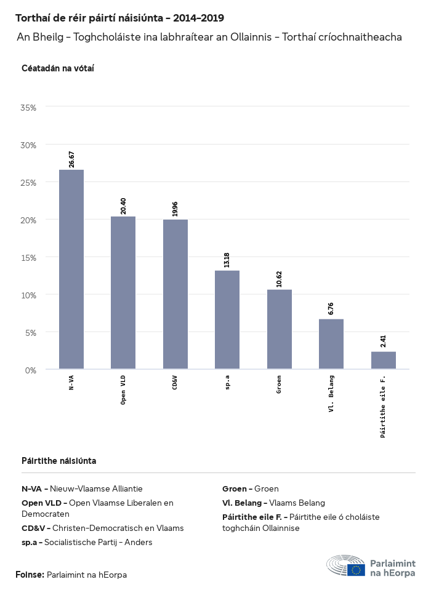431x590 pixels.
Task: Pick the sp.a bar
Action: tap(227, 320)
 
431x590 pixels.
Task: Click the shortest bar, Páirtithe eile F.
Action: tap(383, 361)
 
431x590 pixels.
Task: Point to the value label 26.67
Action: tap(72, 159)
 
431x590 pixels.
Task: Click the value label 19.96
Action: tap(175, 209)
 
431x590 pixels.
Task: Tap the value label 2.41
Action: tap(384, 341)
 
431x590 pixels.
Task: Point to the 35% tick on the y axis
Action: tap(29, 108)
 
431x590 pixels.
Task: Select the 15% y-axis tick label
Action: tap(29, 258)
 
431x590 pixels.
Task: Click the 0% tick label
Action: tap(31, 370)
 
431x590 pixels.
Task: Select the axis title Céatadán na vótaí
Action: tap(57, 68)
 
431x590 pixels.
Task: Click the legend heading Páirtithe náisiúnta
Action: tap(58, 461)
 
